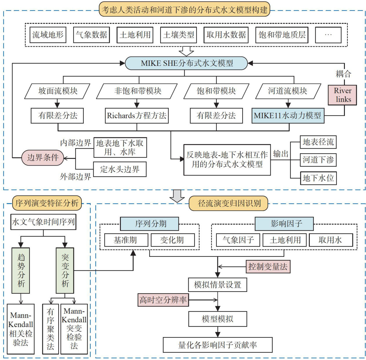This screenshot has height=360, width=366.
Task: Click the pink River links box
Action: click(342, 95)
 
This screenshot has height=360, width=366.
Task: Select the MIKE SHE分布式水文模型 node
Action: click(186, 63)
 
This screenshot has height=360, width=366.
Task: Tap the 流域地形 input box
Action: click(48, 35)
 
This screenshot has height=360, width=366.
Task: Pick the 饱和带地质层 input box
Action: click(282, 35)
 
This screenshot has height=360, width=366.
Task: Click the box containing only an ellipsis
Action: click(328, 35)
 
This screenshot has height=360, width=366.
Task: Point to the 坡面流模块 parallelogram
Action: click(58, 91)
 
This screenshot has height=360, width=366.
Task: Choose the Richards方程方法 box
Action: click(136, 116)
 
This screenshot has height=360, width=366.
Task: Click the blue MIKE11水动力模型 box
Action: click(287, 116)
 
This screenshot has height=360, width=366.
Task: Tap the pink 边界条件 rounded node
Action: click(43, 157)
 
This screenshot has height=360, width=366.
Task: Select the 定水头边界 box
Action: click(120, 169)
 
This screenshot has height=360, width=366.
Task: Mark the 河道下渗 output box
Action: click(318, 160)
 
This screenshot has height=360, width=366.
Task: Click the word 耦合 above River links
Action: click(343, 74)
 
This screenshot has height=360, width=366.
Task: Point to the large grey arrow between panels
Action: click(177, 196)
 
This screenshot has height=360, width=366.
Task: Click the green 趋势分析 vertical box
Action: click(21, 270)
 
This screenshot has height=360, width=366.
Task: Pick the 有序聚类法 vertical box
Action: click(50, 329)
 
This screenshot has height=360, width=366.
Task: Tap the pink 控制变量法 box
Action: click(268, 266)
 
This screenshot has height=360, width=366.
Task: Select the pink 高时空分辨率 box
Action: click(163, 300)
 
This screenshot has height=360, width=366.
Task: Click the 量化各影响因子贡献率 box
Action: click(217, 345)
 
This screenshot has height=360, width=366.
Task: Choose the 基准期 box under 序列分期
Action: click(125, 240)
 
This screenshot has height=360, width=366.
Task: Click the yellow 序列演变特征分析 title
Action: click(47, 203)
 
